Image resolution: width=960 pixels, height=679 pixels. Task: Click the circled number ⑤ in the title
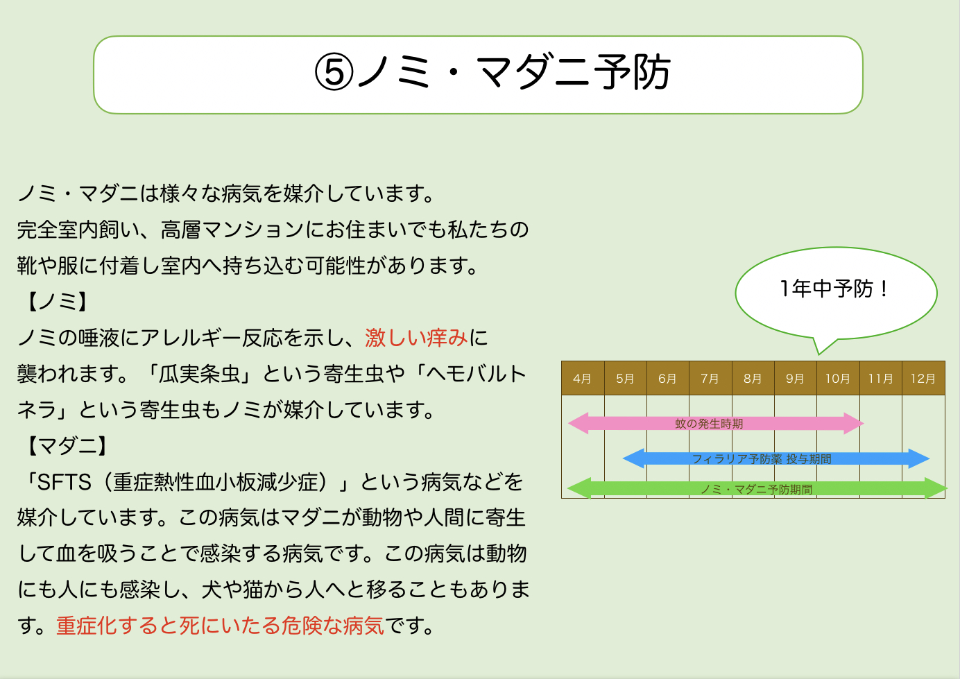coord(334,72)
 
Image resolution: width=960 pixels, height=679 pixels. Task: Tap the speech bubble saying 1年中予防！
coord(835,289)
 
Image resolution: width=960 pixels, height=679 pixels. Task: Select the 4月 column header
coord(582,379)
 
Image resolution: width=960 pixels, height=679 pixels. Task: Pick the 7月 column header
coord(710,379)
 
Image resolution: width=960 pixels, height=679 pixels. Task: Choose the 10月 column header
coord(837,379)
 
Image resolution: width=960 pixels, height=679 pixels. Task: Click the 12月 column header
coord(923,379)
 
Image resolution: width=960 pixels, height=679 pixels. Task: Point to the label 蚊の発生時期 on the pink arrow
coord(709,424)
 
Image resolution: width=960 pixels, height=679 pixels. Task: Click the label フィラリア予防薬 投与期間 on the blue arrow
coord(762,459)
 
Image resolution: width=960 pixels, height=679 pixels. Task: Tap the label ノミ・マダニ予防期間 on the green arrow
coord(756,489)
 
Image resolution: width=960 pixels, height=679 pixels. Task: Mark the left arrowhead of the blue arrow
coord(633,458)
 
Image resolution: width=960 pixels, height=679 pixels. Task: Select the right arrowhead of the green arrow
coord(936,488)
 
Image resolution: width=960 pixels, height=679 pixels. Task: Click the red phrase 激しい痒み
coord(416,338)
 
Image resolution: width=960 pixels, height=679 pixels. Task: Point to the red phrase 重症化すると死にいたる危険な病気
coord(220,626)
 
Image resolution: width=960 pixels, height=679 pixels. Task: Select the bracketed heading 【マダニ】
coord(67,446)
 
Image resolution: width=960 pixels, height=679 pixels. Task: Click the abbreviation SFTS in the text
coord(64,482)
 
